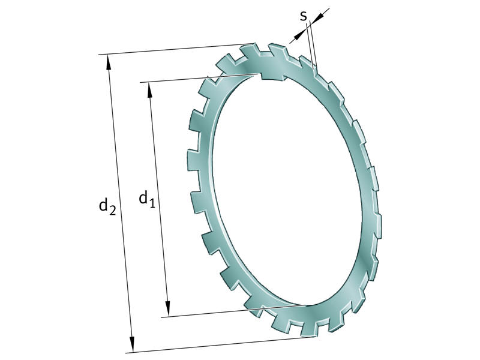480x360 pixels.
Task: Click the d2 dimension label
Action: coord(107,206)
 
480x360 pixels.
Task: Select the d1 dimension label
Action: coord(146,197)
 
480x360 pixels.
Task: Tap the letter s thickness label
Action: coord(304,16)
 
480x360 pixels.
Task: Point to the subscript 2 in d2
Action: coord(112,209)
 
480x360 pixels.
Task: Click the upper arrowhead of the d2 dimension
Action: coord(109,61)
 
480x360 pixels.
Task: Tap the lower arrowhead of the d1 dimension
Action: coord(168,309)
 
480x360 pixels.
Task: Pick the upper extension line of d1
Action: coord(198,77)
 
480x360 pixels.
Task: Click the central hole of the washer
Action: coord(282,192)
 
